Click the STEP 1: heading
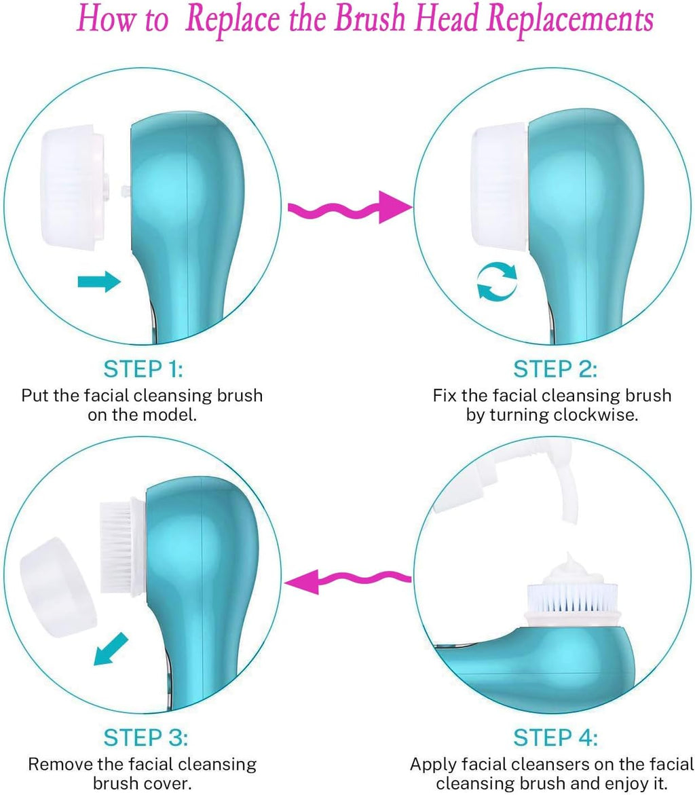tap(143, 369)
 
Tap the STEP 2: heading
tap(555, 369)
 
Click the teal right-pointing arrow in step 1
tap(99, 282)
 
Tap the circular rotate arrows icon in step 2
tap(497, 282)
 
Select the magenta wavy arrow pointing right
tap(351, 207)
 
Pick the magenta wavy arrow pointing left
tap(348, 580)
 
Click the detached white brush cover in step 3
tap(58, 587)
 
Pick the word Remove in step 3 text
tap(63, 764)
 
